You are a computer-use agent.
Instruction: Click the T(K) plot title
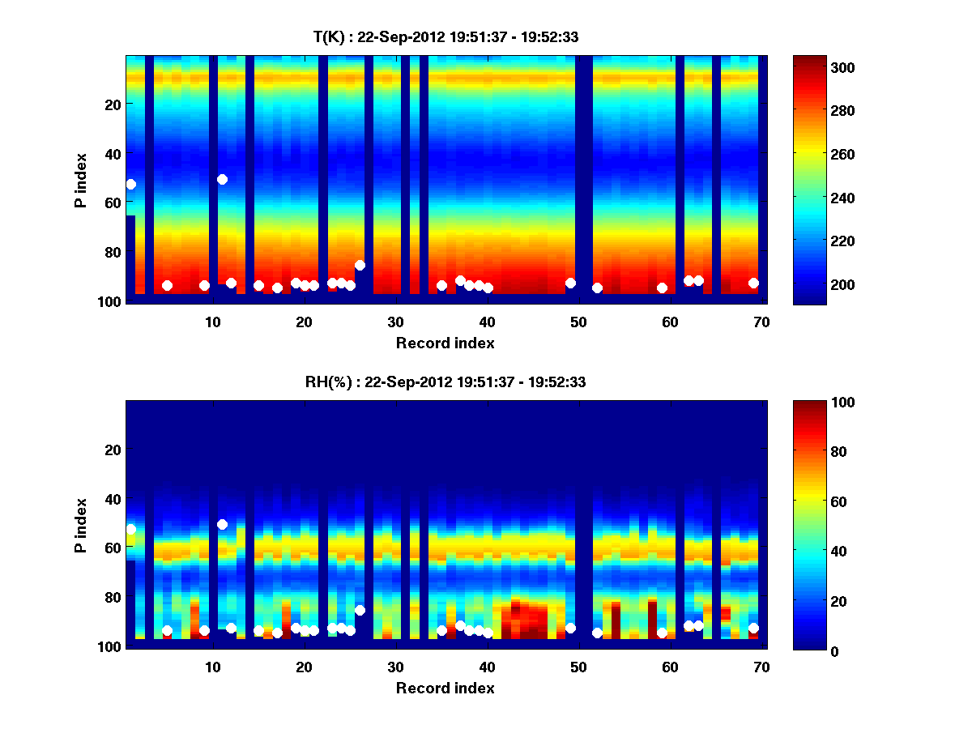coord(446,36)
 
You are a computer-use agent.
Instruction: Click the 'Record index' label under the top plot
coord(446,343)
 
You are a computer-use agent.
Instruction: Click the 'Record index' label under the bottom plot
coord(446,688)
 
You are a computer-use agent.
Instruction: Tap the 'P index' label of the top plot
coord(81,180)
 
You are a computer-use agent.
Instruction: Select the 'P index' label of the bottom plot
coord(81,525)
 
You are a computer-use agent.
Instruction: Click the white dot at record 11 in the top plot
coord(222,179)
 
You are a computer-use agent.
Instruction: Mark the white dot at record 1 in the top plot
coord(130,185)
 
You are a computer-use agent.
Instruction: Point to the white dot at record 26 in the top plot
coord(360,265)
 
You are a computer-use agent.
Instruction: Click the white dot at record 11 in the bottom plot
coord(222,524)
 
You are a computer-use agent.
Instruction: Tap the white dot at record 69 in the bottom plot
coord(753,628)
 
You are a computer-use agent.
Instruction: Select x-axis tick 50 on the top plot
coord(578,321)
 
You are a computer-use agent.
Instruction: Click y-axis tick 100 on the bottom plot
coord(112,646)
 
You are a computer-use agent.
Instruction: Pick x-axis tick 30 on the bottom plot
coord(395,666)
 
